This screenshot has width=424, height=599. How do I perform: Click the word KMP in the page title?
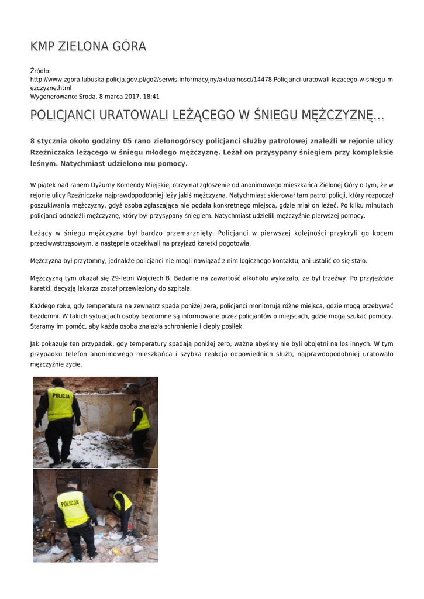(x=43, y=46)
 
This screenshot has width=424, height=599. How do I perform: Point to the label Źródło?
(x=40, y=71)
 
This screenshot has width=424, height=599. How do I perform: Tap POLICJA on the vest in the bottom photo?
(x=70, y=502)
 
